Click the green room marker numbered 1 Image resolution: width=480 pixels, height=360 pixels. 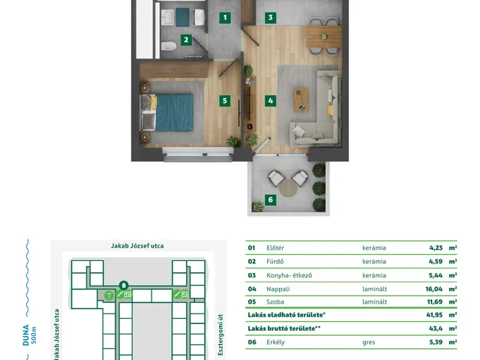click(x=225, y=17)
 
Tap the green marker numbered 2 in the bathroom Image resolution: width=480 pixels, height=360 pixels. click(x=186, y=40)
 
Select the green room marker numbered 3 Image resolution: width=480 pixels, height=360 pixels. click(x=270, y=17)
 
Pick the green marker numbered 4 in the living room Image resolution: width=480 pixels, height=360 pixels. click(x=270, y=100)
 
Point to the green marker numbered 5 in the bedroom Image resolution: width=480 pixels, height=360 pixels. click(x=225, y=100)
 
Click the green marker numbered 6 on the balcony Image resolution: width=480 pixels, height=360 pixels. click(x=270, y=200)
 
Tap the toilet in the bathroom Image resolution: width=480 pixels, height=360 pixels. click(x=168, y=46)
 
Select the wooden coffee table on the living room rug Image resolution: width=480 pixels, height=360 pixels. click(x=301, y=100)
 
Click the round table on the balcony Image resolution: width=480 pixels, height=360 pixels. click(x=288, y=188)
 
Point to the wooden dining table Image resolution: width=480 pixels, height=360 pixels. click(x=323, y=37)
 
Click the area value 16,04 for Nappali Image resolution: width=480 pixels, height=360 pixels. click(x=433, y=289)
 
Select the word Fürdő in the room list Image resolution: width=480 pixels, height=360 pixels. click(x=275, y=262)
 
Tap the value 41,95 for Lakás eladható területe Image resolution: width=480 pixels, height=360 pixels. click(x=434, y=315)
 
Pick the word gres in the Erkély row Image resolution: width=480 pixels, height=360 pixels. click(x=368, y=342)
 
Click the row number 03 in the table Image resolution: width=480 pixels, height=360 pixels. click(x=252, y=275)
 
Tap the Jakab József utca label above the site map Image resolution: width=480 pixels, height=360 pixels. click(x=137, y=246)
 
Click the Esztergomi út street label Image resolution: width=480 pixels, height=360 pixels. click(x=220, y=335)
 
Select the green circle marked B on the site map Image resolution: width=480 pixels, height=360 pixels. click(x=124, y=286)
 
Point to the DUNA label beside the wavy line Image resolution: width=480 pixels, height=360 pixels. click(x=26, y=335)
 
